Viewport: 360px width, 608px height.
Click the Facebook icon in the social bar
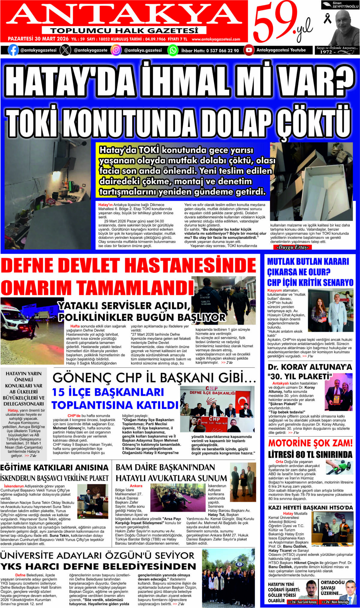pyautogui.click(x=13, y=50)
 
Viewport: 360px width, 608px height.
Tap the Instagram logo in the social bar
pyautogui.click(x=116, y=50)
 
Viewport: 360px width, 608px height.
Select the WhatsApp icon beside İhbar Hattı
pyautogui.click(x=173, y=50)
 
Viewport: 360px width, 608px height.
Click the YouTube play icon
pyautogui.click(x=249, y=50)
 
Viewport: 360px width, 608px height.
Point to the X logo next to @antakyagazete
pyautogui.click(x=65, y=50)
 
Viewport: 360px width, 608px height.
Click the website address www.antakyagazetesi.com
pyautogui.click(x=216, y=39)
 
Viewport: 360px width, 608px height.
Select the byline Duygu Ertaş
pyautogui.click(x=292, y=247)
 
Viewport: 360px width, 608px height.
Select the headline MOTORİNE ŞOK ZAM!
pyautogui.click(x=310, y=443)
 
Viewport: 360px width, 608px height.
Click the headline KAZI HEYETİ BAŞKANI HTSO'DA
pyautogui.click(x=310, y=508)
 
